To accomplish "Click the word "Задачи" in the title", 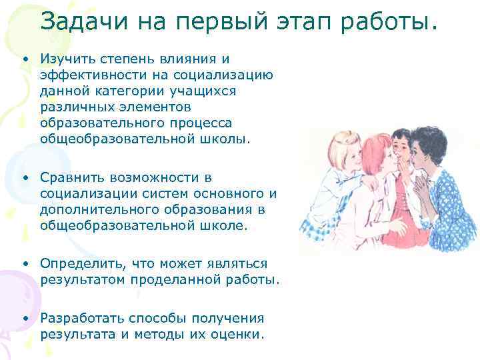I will pos(81,23).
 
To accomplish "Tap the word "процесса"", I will pos(199,123).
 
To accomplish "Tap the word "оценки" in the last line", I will pos(237,334).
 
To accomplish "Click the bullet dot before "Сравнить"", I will pos(24,178).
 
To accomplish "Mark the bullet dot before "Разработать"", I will pos(24,319).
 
